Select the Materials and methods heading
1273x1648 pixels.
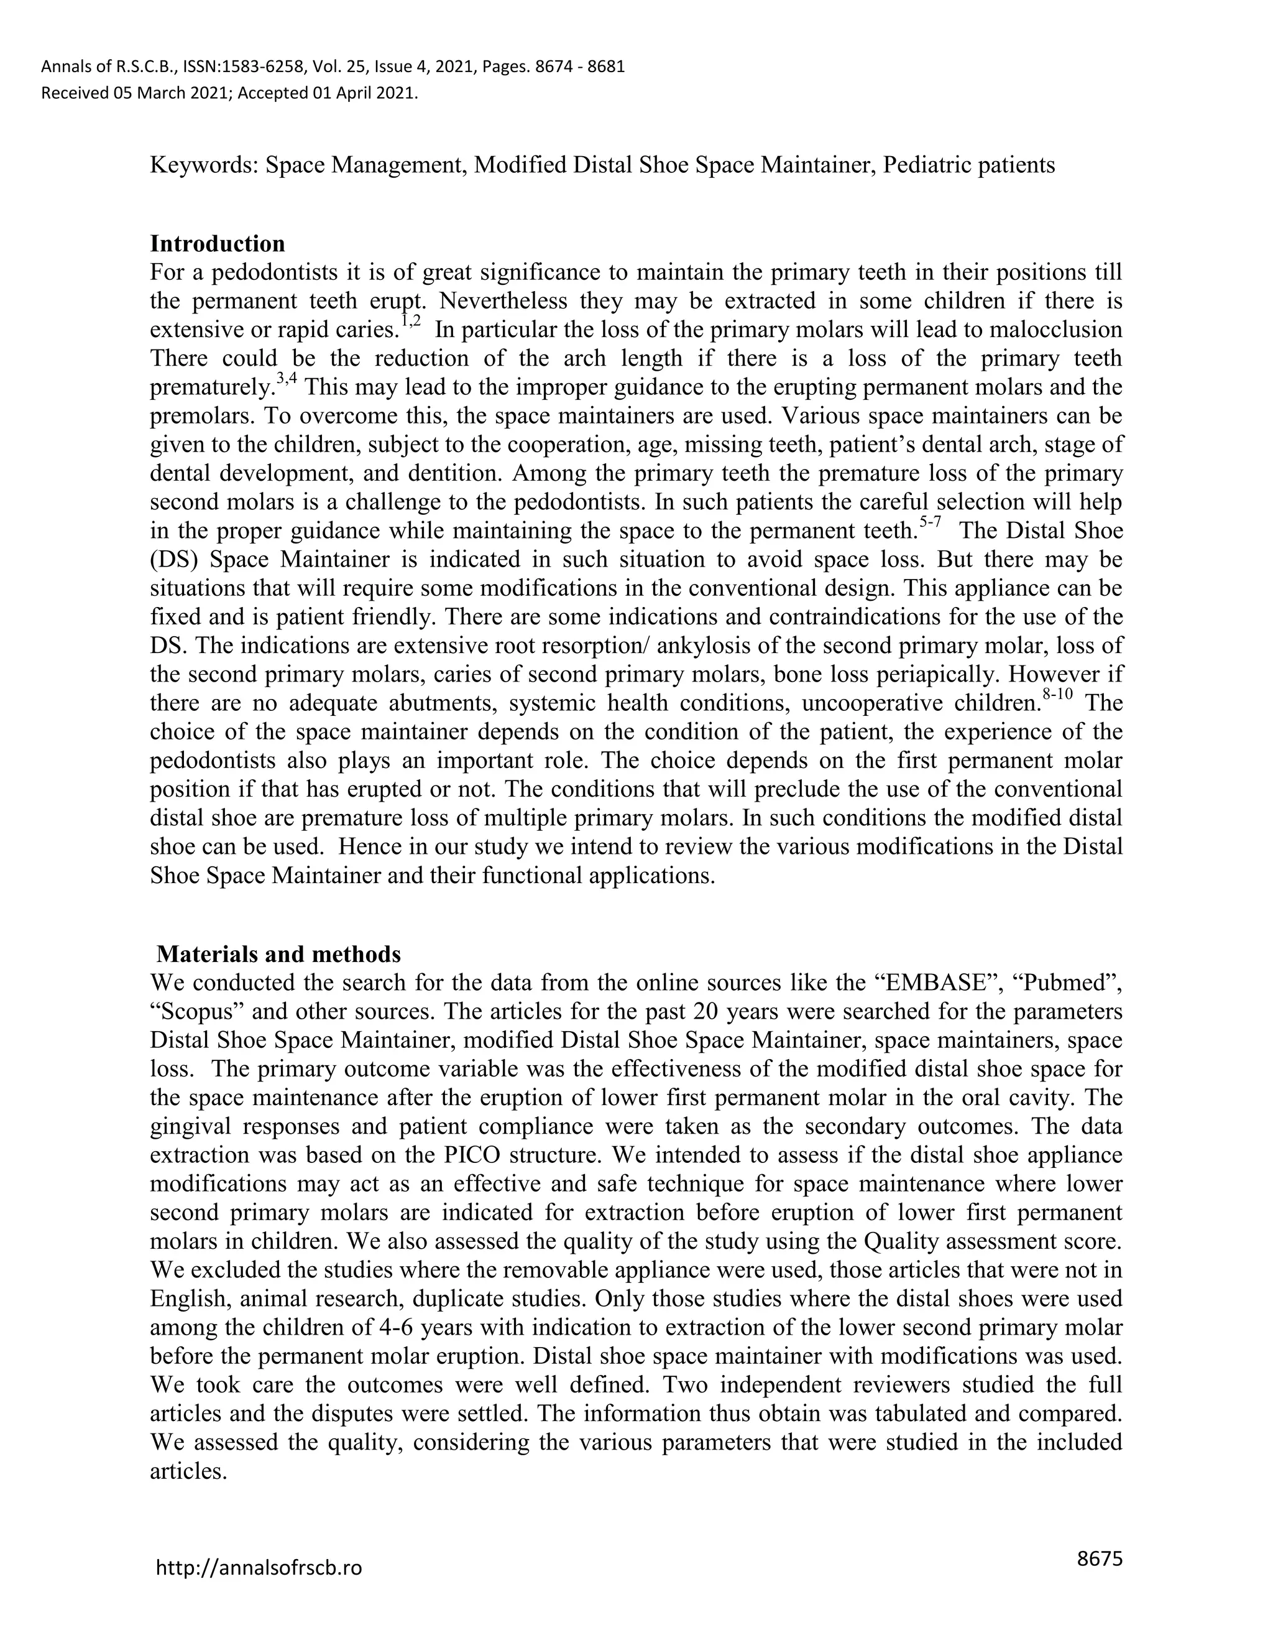[278, 954]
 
